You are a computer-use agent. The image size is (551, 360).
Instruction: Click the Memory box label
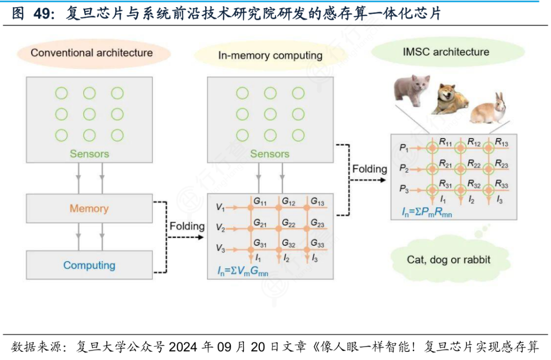click(x=89, y=208)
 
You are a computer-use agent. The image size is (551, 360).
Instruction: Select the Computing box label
click(x=89, y=265)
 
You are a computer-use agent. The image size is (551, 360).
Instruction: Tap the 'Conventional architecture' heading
click(x=92, y=53)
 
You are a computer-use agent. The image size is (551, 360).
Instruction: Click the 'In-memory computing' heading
click(x=270, y=56)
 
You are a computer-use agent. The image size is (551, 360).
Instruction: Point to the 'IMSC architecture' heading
click(x=446, y=52)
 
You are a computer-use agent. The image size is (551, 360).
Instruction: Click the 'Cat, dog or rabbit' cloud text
click(x=448, y=260)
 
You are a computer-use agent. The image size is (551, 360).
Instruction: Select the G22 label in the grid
click(x=289, y=223)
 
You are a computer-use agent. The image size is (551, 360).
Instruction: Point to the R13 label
click(x=502, y=142)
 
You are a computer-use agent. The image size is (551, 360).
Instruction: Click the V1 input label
click(x=220, y=208)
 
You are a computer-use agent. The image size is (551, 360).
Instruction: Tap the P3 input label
click(x=404, y=189)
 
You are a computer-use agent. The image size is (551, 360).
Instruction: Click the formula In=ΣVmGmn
click(x=242, y=271)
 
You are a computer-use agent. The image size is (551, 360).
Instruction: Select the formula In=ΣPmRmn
click(x=427, y=212)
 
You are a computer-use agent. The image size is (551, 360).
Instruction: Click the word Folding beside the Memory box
click(x=187, y=226)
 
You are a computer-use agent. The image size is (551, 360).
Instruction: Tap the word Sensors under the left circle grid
click(x=89, y=154)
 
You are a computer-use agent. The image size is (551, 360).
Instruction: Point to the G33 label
click(x=317, y=243)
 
